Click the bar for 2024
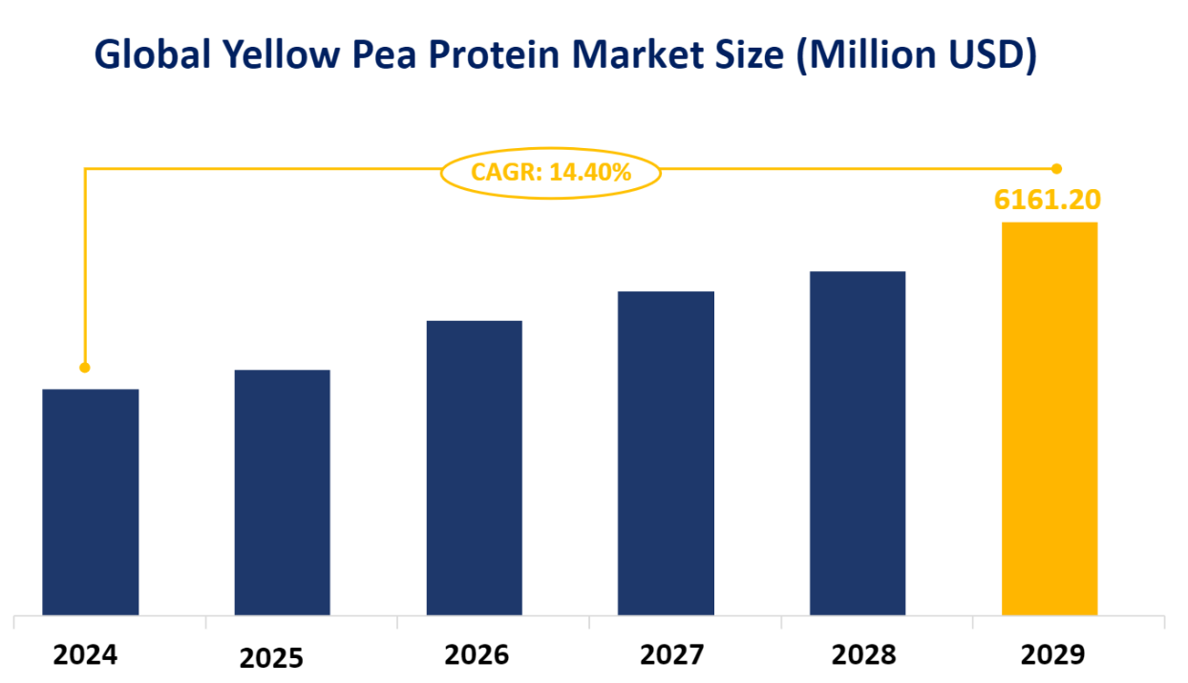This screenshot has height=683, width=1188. point(91,502)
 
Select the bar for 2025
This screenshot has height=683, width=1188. point(283,492)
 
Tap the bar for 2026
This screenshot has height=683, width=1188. point(474,468)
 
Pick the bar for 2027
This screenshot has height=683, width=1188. point(666,453)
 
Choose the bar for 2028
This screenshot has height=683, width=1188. point(858,443)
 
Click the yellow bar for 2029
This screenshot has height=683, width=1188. point(1049,418)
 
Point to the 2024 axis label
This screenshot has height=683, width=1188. point(86,655)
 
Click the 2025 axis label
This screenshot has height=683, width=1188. point(271,658)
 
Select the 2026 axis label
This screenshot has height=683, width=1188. point(477,655)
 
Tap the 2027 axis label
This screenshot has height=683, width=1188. point(671,655)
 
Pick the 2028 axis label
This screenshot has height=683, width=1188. point(863,655)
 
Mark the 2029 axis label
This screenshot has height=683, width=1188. point(1053,655)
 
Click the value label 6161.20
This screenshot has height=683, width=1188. point(1047,200)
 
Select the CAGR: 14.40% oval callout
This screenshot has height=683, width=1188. point(551,173)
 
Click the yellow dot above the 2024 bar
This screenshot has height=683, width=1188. point(85,367)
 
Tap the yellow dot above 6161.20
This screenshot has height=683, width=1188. point(1056,169)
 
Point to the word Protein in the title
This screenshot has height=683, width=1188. point(512,56)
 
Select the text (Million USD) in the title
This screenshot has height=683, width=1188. point(916,56)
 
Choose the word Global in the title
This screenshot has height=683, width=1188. point(153,56)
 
